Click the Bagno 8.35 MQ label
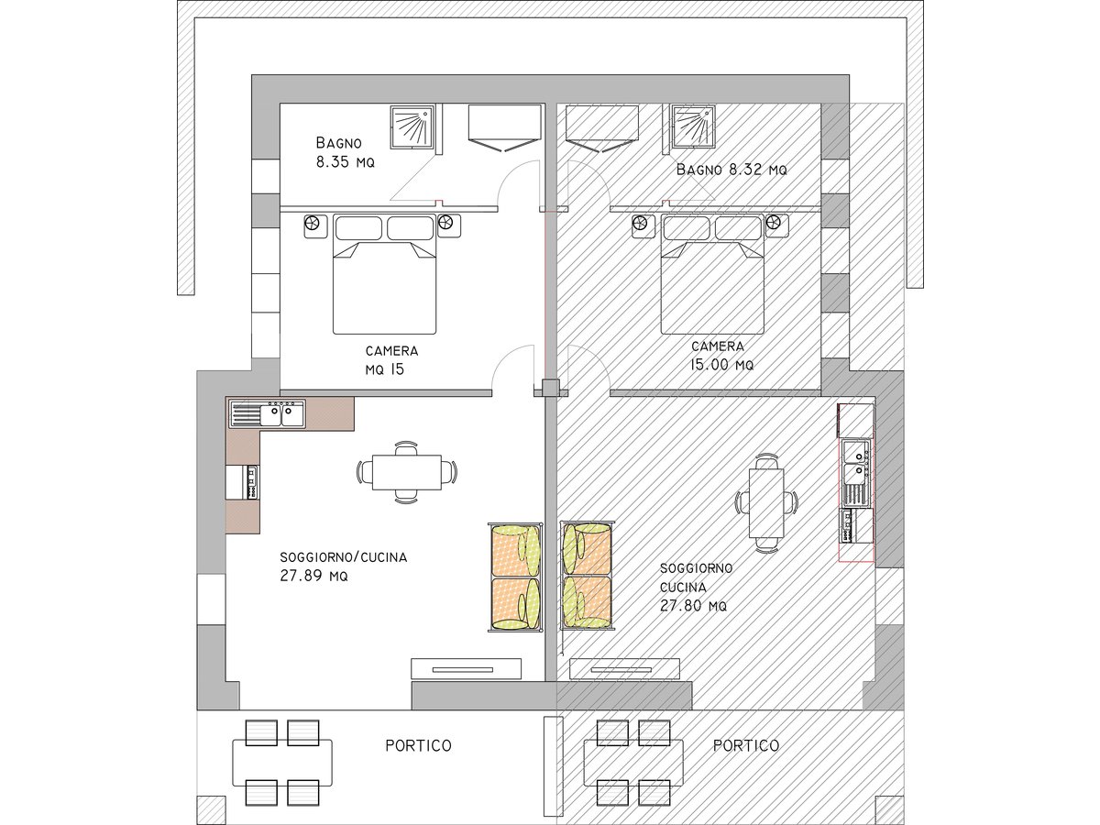click(x=346, y=152)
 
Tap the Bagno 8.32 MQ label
click(x=731, y=170)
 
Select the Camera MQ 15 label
click(x=391, y=360)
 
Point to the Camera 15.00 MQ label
click(x=720, y=355)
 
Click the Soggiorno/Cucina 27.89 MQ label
click(x=343, y=566)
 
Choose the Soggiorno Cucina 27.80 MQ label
click(x=696, y=587)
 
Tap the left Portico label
click(x=418, y=746)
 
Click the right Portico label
click(x=745, y=746)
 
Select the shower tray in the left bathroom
click(x=412, y=126)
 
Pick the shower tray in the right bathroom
click(x=694, y=126)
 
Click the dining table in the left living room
click(x=406, y=472)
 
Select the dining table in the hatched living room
click(x=766, y=502)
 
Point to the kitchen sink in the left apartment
click(x=267, y=413)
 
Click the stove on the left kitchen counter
click(x=251, y=482)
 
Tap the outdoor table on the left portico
click(x=282, y=763)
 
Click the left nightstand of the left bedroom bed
click(x=315, y=226)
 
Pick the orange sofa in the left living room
click(x=516, y=577)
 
